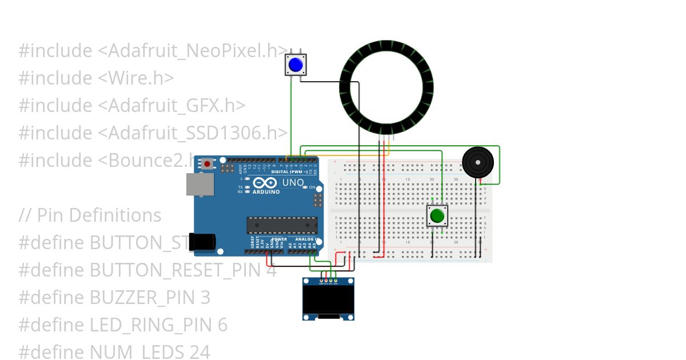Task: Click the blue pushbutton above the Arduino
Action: [x=296, y=65]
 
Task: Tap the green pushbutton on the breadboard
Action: [x=437, y=216]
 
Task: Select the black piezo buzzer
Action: [x=477, y=162]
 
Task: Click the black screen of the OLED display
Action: [x=328, y=299]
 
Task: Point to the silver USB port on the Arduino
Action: [x=200, y=185]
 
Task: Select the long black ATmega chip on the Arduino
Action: [x=282, y=225]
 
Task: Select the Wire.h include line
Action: [x=96, y=78]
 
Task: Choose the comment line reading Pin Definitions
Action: [x=90, y=215]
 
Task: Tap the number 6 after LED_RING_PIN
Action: [x=222, y=325]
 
